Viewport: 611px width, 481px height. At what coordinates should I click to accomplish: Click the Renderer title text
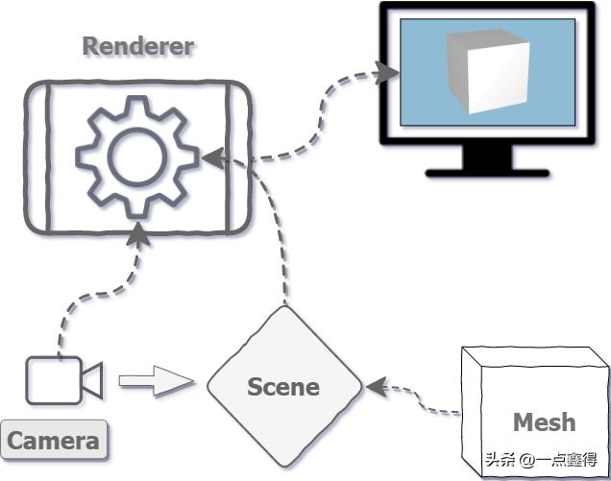coord(137,45)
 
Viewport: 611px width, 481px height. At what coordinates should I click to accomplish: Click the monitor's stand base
coord(487,174)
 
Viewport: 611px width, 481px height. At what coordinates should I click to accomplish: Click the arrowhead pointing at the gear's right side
coord(212,156)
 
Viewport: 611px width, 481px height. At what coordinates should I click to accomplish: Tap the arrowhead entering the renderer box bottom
coord(139,231)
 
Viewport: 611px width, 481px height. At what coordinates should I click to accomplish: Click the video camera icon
coord(62,380)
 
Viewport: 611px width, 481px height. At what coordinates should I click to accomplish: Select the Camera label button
coord(54,441)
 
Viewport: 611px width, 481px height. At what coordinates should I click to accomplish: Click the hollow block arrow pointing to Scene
coord(155,381)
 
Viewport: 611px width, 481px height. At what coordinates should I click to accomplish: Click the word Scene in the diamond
coord(283,387)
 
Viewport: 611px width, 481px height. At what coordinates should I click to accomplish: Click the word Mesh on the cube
coord(544,421)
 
